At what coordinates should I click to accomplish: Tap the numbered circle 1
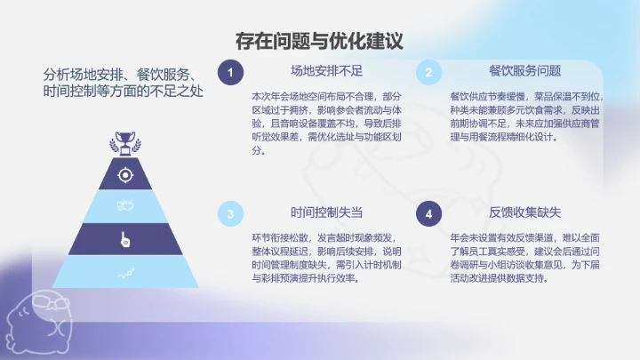[x=230, y=72]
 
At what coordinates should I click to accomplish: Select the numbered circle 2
[x=428, y=72]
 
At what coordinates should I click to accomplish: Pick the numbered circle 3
[x=230, y=213]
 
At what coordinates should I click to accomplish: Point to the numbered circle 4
[x=428, y=213]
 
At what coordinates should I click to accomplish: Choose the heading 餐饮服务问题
[x=524, y=71]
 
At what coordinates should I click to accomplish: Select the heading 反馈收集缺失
[x=524, y=213]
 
